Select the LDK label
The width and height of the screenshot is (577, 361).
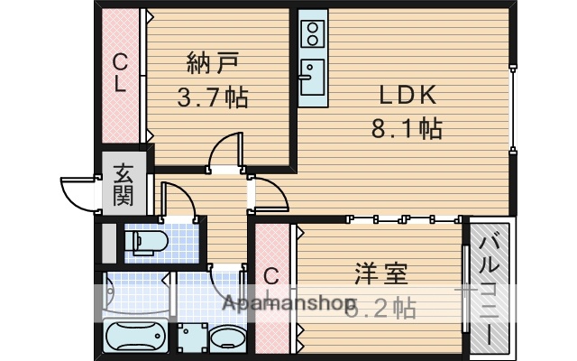[x=407, y=94]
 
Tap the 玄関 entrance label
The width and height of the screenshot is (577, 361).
[x=123, y=183]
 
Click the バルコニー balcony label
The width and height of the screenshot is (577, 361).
[x=491, y=287]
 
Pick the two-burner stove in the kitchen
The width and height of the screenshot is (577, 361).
[x=313, y=34]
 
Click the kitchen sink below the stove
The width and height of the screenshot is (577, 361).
[x=313, y=77]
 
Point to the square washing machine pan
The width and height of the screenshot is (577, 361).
[x=192, y=338]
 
